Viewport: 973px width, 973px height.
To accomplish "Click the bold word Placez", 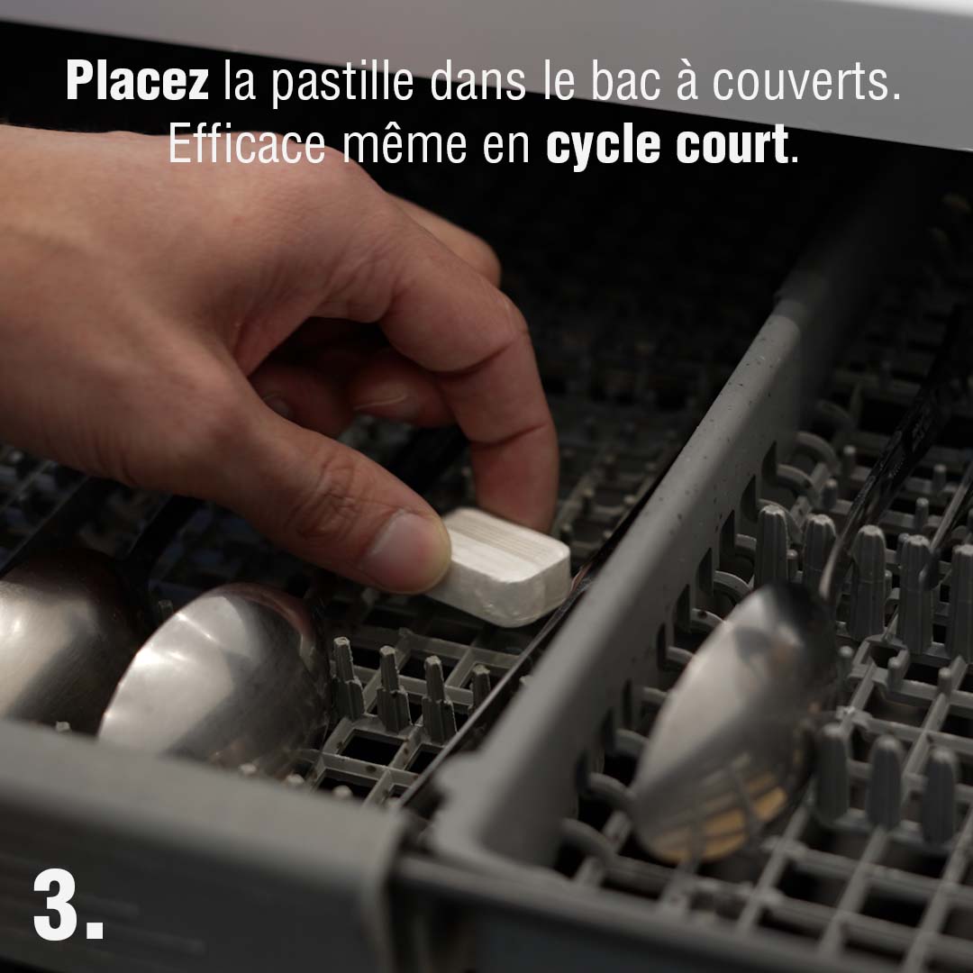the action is pos(137,81).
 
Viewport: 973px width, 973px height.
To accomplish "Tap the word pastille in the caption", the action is pos(342,83).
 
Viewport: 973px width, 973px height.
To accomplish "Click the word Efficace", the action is pos(247,143).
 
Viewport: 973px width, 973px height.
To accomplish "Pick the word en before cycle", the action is pos(505,149).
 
